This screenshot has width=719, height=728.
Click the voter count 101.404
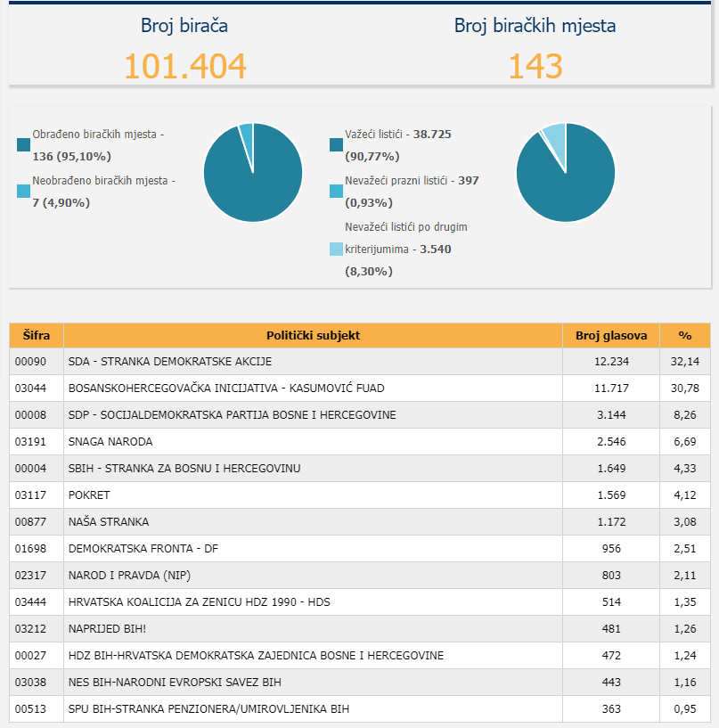tap(184, 67)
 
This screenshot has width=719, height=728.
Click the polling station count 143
tap(535, 67)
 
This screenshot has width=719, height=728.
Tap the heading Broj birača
tap(184, 26)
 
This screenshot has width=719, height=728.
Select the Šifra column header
tap(37, 336)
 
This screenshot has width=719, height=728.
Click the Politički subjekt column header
tap(313, 336)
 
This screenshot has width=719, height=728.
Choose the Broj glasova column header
tap(610, 336)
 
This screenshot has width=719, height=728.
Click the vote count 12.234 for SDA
tap(610, 362)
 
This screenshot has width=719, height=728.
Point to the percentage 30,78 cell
tap(684, 389)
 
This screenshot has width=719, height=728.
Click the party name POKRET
tap(89, 495)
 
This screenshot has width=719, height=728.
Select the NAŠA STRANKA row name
tap(109, 522)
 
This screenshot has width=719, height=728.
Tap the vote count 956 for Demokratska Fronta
tap(610, 549)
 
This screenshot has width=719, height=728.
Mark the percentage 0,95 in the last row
tap(684, 709)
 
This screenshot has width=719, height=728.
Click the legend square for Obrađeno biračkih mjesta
tap(23, 144)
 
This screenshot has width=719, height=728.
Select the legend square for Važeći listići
tap(336, 144)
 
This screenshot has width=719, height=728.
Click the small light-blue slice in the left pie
tap(246, 131)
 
